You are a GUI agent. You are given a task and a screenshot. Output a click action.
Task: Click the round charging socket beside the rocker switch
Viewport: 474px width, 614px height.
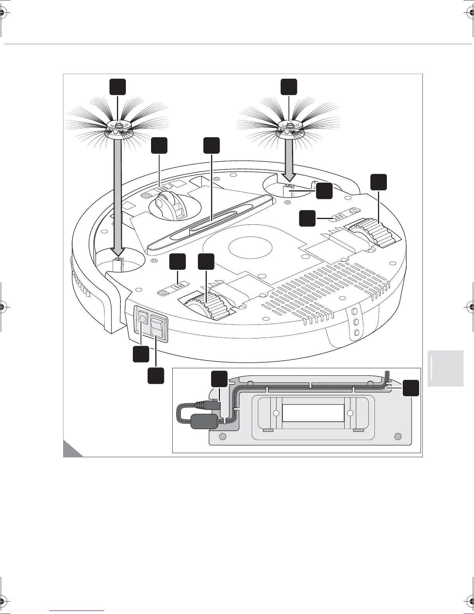click(142, 319)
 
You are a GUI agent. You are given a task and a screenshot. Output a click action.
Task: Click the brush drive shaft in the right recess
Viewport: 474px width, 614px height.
click(289, 191)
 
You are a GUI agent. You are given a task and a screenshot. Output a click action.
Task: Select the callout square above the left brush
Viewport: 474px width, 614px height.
click(117, 87)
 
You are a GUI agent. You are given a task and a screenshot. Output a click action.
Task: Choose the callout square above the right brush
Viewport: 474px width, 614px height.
click(289, 87)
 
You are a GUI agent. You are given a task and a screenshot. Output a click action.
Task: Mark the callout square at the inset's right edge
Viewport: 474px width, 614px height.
click(410, 388)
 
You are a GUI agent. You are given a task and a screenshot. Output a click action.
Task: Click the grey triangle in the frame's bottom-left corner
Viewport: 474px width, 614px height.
click(71, 450)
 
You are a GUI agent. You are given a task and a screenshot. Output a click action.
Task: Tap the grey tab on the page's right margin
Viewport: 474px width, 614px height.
click(445, 368)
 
